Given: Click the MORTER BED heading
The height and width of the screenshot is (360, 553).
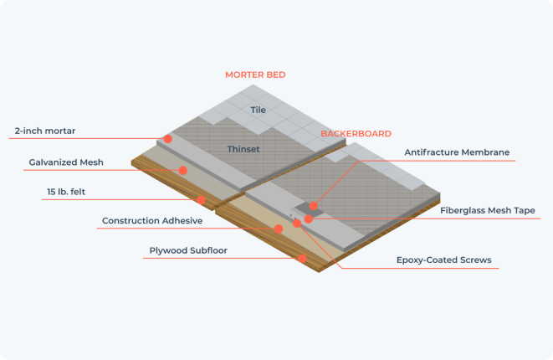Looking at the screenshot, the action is pos(255,75).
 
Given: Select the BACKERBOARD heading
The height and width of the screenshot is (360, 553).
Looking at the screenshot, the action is pos(356,134).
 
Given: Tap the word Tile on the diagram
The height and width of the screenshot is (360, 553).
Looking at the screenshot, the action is pos(259,110).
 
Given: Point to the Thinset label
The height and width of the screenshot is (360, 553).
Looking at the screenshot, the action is pos(243,149).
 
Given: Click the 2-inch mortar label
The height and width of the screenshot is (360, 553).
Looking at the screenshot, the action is pos(45,131).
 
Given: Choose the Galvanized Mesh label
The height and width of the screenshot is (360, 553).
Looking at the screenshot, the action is pos(66,162).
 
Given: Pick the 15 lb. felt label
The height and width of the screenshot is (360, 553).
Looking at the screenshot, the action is pos(66,192).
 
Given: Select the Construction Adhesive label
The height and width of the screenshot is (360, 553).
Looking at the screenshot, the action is pos(152,220).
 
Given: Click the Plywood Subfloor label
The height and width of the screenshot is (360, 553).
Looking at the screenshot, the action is pos(188,250).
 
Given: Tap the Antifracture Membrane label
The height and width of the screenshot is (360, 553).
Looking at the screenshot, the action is pos(457,152).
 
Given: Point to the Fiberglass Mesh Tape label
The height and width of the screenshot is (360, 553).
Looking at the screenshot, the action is pos(488,210).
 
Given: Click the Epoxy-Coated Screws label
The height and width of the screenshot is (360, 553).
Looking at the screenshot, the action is pos(444,260).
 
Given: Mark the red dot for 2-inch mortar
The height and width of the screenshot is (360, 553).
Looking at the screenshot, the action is pos(168,139).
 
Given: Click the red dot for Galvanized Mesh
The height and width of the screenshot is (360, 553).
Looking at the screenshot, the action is pos(182,171).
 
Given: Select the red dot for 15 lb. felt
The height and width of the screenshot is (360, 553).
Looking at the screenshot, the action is pos(201,200).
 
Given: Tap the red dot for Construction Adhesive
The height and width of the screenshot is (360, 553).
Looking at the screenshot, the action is pos(279,229).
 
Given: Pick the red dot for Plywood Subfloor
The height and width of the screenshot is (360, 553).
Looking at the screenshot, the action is pos(302,259).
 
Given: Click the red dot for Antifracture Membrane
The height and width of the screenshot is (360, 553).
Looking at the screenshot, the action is pos(313,206).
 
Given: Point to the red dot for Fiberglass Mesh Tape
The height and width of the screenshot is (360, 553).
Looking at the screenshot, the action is pos(308,219).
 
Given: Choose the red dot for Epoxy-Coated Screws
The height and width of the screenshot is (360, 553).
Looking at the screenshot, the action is pos(297,223).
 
